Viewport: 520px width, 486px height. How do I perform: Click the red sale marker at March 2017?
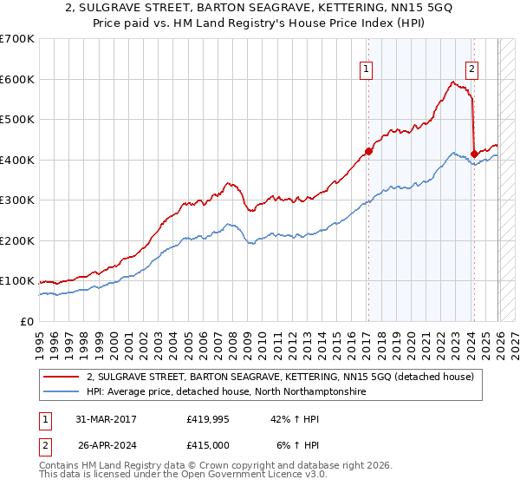point(368,152)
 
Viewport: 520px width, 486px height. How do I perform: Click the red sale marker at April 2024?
point(474,154)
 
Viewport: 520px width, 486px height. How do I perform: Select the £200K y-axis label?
point(17,240)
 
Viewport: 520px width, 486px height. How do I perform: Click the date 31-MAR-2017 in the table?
point(106,419)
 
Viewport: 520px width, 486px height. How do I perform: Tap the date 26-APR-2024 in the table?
point(106,445)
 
